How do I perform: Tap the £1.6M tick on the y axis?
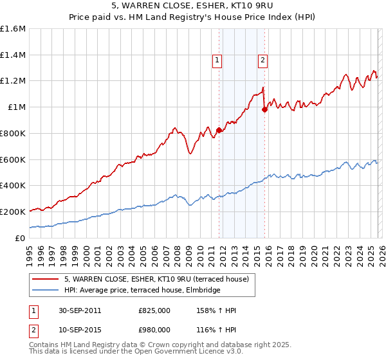pos(13,29)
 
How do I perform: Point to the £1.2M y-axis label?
pos(13,81)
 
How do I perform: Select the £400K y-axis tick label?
pos(13,185)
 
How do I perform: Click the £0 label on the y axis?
pos(19,237)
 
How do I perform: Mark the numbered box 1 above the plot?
pos(217,61)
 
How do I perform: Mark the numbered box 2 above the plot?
pos(263,61)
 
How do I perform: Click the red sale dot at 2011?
pos(219,130)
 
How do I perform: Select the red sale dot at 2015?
pos(264,110)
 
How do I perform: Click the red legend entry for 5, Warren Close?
pos(160,279)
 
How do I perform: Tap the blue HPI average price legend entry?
pos(142,291)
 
